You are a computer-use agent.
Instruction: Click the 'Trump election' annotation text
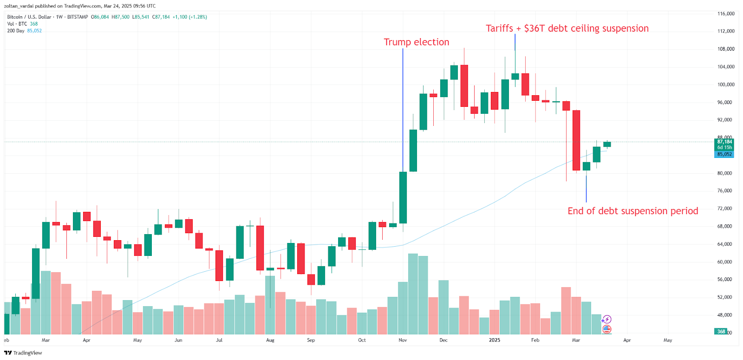[416, 42]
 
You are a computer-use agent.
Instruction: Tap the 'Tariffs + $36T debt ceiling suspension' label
[567, 28]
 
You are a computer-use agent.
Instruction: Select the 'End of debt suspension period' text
[632, 211]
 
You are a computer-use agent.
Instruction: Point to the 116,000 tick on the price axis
[725, 14]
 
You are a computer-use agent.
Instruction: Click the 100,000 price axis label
[725, 85]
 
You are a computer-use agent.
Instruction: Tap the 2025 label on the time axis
[495, 340]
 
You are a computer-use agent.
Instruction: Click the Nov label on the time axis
[403, 340]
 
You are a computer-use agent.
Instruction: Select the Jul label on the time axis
[219, 340]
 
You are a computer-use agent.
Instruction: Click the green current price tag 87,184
[724, 142]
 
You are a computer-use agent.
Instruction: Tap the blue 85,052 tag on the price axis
[724, 154]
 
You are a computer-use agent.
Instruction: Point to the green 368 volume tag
[721, 332]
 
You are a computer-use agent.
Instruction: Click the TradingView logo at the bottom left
[23, 353]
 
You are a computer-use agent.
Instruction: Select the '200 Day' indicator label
[16, 31]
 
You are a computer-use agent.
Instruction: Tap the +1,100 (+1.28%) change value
[189, 17]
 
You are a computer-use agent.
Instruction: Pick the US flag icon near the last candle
[606, 329]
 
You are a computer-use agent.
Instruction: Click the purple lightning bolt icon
[606, 320]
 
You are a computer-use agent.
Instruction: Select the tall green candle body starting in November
[403, 197]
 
